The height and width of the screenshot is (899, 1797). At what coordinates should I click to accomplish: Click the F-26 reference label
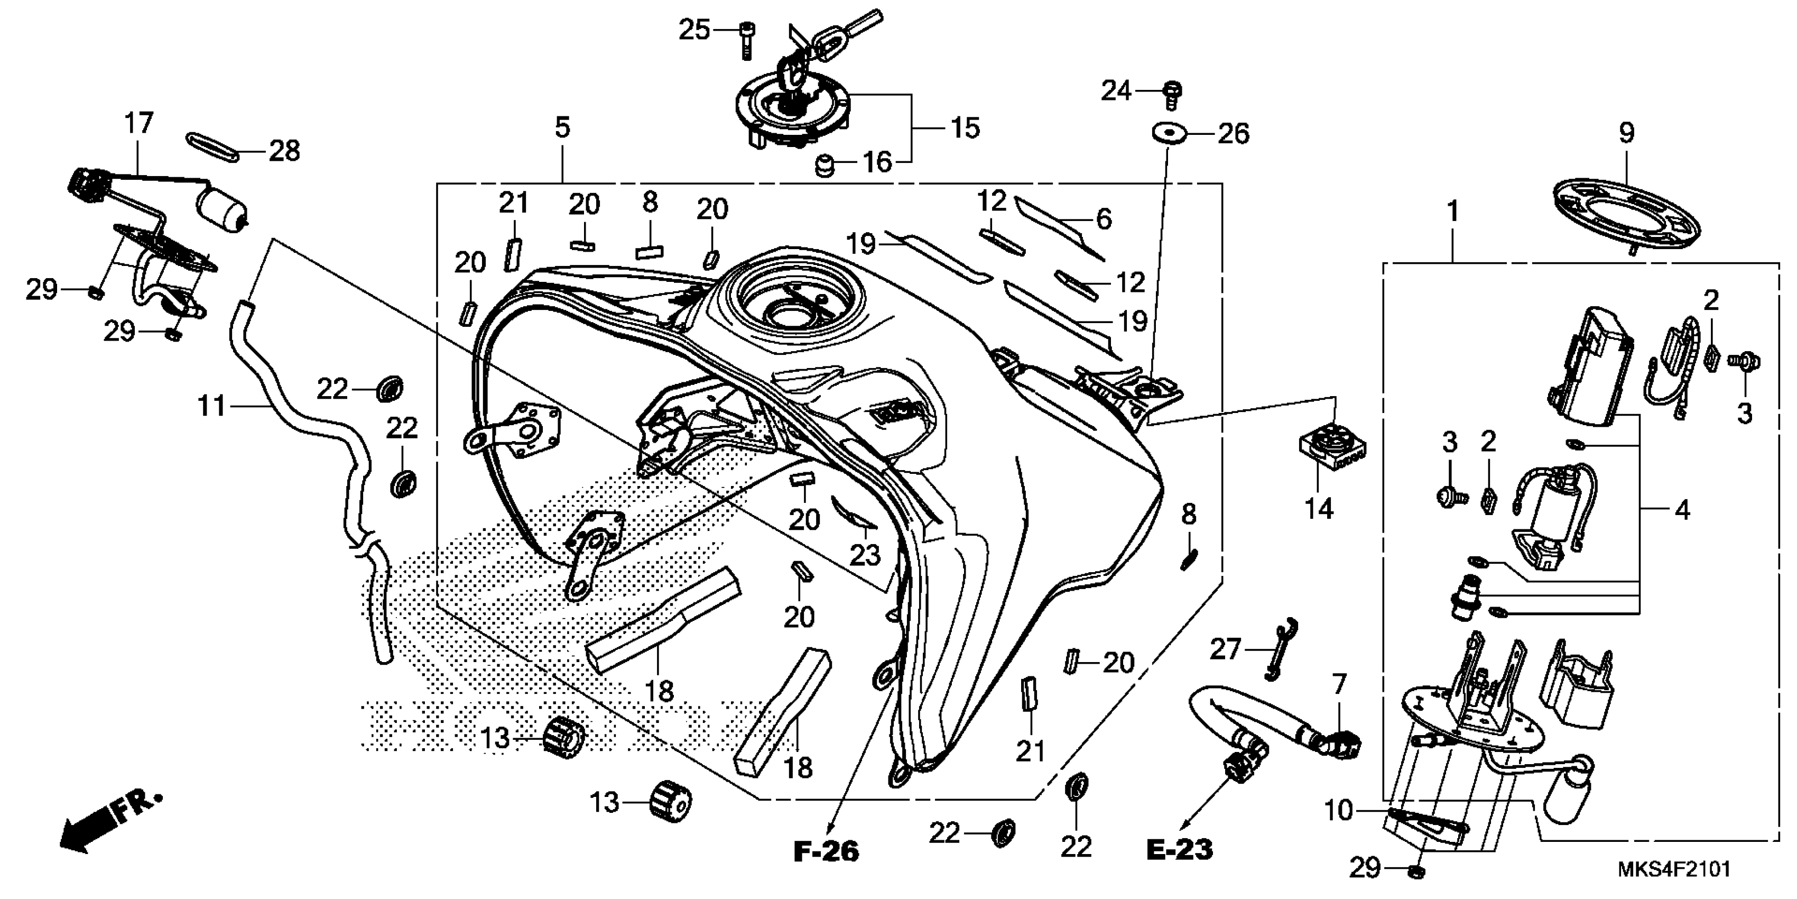click(826, 851)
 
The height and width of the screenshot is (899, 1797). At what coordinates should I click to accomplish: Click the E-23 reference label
click(1180, 849)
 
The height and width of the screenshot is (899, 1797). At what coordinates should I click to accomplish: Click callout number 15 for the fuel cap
click(966, 128)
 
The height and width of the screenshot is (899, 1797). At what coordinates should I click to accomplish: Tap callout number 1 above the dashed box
click(1452, 212)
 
